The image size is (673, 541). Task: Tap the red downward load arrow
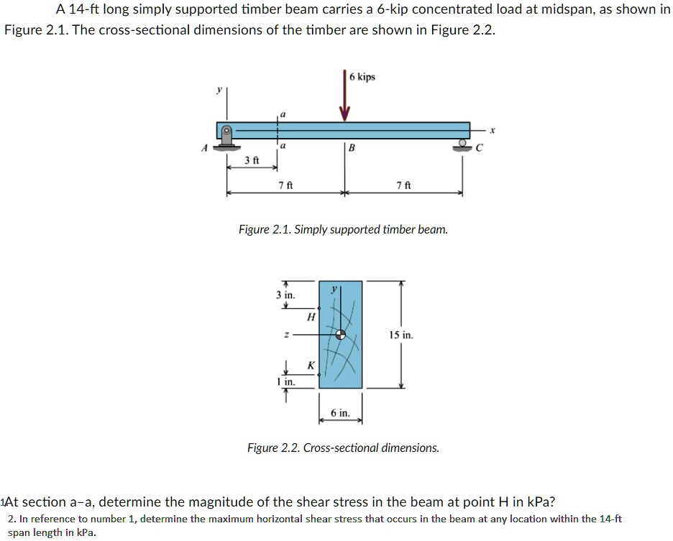click(344, 97)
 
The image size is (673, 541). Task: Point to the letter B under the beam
click(352, 149)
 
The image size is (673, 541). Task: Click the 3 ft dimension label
click(251, 159)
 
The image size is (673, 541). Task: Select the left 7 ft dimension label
click(285, 186)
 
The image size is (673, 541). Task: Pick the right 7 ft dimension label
click(403, 186)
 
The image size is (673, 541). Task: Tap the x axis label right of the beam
click(493, 131)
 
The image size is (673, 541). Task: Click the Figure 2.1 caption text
click(343, 230)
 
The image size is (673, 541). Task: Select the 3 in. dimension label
click(285, 295)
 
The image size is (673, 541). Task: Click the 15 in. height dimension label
click(400, 335)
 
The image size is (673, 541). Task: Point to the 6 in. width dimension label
click(340, 413)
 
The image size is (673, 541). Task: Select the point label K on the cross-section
click(311, 365)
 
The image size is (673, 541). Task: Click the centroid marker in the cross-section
click(342, 334)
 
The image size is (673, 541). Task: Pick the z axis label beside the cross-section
click(286, 334)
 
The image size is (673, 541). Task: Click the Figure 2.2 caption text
click(343, 448)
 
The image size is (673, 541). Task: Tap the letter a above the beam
click(283, 113)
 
